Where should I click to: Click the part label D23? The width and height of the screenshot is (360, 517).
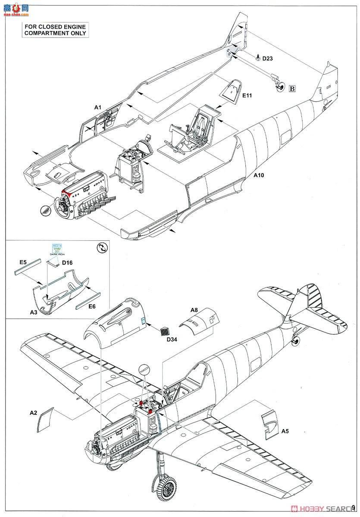point(267,59)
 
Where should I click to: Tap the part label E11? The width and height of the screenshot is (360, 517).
point(247,95)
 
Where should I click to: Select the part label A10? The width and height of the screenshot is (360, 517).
point(259,175)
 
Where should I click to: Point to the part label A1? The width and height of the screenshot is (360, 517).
point(97,107)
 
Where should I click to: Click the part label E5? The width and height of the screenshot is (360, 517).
point(23,262)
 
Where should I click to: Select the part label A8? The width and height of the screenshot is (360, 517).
point(194,310)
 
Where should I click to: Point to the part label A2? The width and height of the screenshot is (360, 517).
point(33,412)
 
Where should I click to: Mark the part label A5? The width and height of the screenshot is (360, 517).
point(285,431)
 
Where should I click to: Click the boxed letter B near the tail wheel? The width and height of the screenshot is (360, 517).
point(292,89)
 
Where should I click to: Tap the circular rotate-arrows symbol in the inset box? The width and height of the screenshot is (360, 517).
point(102,248)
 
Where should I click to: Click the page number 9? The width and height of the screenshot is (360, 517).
point(354,508)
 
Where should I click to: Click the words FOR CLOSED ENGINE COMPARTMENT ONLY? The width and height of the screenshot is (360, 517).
point(55,30)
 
